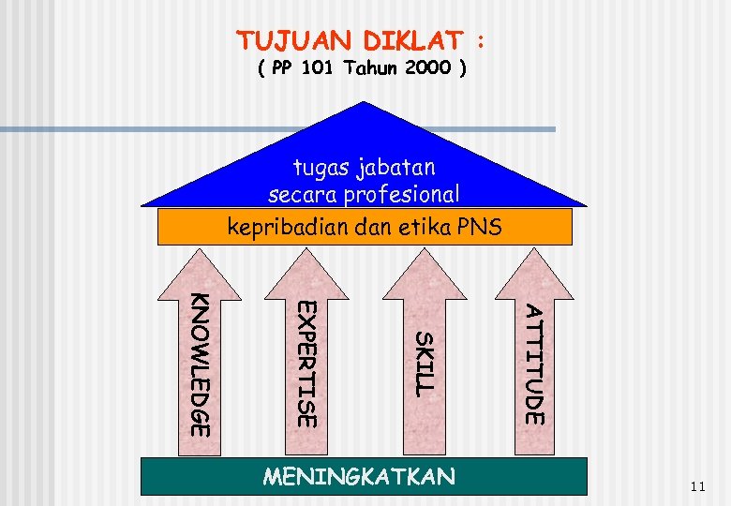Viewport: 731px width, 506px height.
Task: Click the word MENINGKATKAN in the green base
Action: click(359, 477)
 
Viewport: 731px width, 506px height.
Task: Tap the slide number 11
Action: click(695, 486)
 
